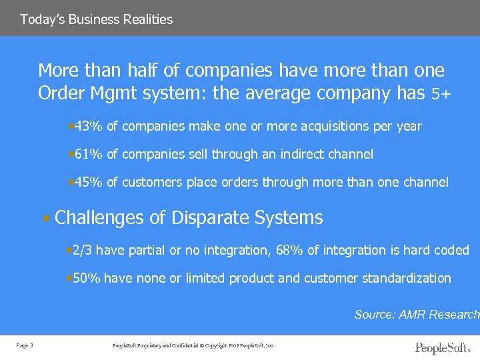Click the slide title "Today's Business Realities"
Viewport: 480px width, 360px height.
point(96,19)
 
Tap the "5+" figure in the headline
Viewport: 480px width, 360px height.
point(441,95)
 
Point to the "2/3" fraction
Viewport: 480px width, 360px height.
point(83,250)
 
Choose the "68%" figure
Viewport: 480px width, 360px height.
point(317,250)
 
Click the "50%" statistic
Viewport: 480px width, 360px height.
point(86,278)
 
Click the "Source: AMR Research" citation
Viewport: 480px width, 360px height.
point(417,314)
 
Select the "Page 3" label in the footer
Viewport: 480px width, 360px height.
point(24,345)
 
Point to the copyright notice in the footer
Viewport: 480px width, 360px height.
point(193,345)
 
